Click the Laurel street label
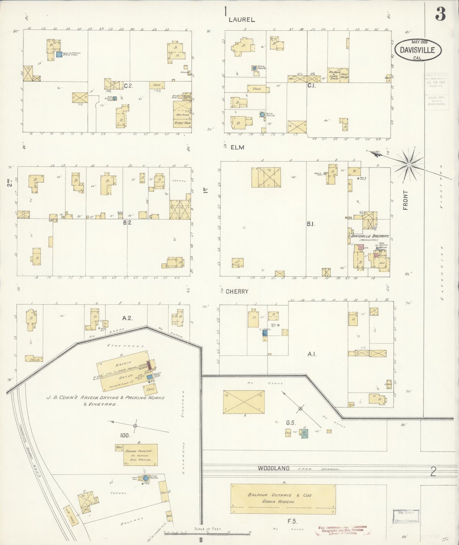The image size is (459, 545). click(242, 19)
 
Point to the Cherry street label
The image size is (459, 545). click(237, 291)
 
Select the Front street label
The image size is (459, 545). click(405, 200)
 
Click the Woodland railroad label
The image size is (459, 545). click(273, 468)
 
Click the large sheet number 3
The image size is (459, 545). click(441, 13)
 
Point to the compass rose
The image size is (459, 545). click(409, 164)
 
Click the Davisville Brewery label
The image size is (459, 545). click(370, 236)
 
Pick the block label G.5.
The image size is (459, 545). click(291, 423)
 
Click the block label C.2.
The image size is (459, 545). click(128, 85)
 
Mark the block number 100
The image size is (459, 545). click(125, 435)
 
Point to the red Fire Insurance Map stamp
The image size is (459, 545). click(342, 529)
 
